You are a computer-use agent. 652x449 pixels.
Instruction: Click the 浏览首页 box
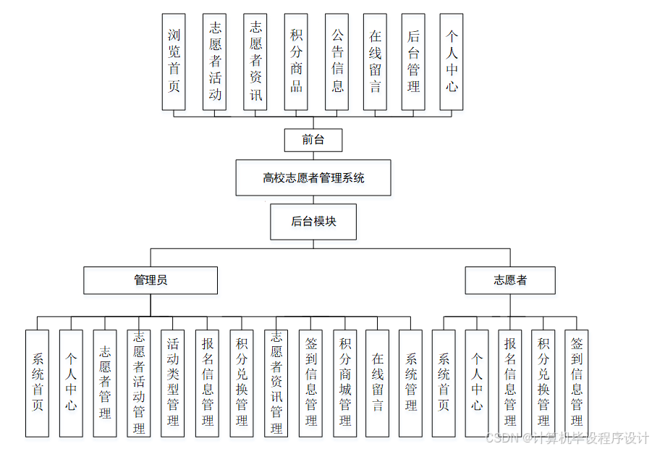point(174,62)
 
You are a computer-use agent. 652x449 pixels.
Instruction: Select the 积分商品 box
point(296,62)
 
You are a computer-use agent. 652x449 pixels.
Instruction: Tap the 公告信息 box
point(337,62)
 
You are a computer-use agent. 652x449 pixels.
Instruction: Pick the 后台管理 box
point(413,62)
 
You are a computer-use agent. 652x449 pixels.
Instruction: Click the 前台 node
point(313,140)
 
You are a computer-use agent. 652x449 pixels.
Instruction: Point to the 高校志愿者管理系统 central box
point(313,177)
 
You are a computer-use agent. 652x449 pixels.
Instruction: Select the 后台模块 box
point(313,222)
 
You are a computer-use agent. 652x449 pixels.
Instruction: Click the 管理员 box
point(151,280)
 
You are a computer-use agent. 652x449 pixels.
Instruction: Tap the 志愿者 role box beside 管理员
point(510,280)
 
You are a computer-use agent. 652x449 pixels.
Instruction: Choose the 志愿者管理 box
point(105,383)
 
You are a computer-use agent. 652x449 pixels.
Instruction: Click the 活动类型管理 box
point(173,383)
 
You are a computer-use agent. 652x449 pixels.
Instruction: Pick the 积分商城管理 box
point(345,383)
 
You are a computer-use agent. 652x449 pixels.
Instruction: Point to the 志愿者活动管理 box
point(139,383)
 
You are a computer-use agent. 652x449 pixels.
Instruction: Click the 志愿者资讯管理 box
point(276,383)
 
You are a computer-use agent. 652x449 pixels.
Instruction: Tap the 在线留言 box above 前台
point(375,62)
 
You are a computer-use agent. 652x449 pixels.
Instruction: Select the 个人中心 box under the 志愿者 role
point(476,383)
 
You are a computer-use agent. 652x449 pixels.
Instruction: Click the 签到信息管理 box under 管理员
point(310,383)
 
